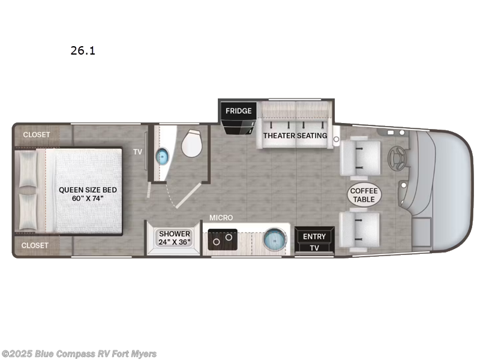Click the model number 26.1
tap(83, 51)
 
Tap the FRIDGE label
tap(239, 111)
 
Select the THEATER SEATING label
tap(295, 136)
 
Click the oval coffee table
tap(364, 195)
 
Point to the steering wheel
tap(397, 158)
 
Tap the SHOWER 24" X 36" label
tap(175, 238)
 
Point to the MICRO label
tap(221, 217)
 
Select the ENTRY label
tap(314, 236)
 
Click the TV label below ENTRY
tap(314, 248)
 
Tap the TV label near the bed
tap(138, 152)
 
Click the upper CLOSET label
tap(37, 135)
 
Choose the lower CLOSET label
tap(37, 245)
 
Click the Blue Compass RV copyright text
tap(79, 353)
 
